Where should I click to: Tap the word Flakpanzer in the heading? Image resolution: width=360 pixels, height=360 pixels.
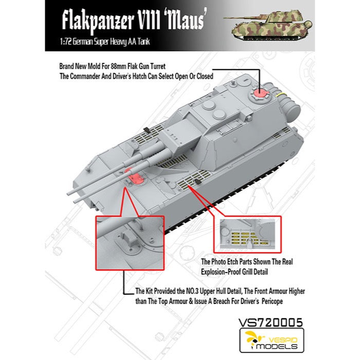pyautogui.click(x=98, y=21)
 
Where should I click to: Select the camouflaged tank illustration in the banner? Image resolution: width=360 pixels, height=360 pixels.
pyautogui.click(x=268, y=24)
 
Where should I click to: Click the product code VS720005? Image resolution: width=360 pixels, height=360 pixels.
pyautogui.click(x=271, y=322)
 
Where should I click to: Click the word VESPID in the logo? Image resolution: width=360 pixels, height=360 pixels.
pyautogui.click(x=283, y=340)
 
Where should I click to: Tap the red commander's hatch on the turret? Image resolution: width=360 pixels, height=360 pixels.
pyautogui.click(x=259, y=94)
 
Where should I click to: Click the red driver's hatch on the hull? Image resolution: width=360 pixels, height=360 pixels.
pyautogui.click(x=134, y=176)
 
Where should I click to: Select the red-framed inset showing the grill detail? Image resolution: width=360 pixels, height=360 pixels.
pyautogui.click(x=247, y=235)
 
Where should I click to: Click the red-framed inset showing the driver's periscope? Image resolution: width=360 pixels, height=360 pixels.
pyautogui.click(x=130, y=243)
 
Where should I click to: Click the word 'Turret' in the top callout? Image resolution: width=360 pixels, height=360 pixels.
pyautogui.click(x=157, y=66)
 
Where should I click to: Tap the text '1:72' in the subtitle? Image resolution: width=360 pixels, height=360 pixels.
pyautogui.click(x=64, y=42)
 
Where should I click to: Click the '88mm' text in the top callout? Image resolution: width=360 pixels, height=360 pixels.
pyautogui.click(x=117, y=66)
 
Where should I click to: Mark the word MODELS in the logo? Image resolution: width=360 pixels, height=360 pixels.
pyautogui.click(x=277, y=346)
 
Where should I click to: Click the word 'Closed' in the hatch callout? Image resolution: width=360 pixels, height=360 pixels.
pyautogui.click(x=205, y=76)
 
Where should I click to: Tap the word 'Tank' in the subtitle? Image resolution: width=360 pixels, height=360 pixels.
pyautogui.click(x=145, y=42)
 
